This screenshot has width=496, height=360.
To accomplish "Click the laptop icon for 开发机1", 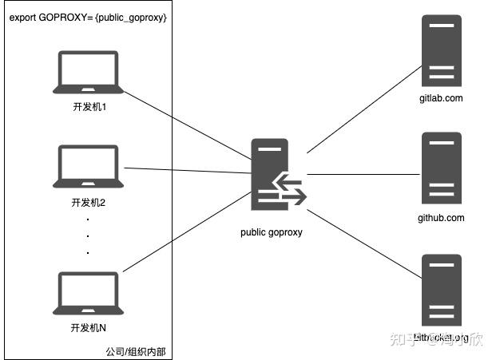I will pyautogui.click(x=89, y=73).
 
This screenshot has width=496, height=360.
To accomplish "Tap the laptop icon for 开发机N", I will pyautogui.click(x=89, y=294).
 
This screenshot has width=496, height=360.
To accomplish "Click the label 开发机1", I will pyautogui.click(x=89, y=105).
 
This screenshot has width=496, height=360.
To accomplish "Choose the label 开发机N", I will pyautogui.click(x=89, y=327).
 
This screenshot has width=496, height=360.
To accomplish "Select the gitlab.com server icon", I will pyautogui.click(x=442, y=51).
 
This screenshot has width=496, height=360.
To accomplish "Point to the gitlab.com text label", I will pyautogui.click(x=441, y=98).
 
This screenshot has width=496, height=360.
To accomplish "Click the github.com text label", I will pyautogui.click(x=441, y=218).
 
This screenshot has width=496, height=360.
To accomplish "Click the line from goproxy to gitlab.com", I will pyautogui.click(x=363, y=108).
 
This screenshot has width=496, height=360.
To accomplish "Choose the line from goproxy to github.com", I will pyautogui.click(x=363, y=173).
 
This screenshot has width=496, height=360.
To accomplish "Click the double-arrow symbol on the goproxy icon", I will pyautogui.click(x=289, y=191).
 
